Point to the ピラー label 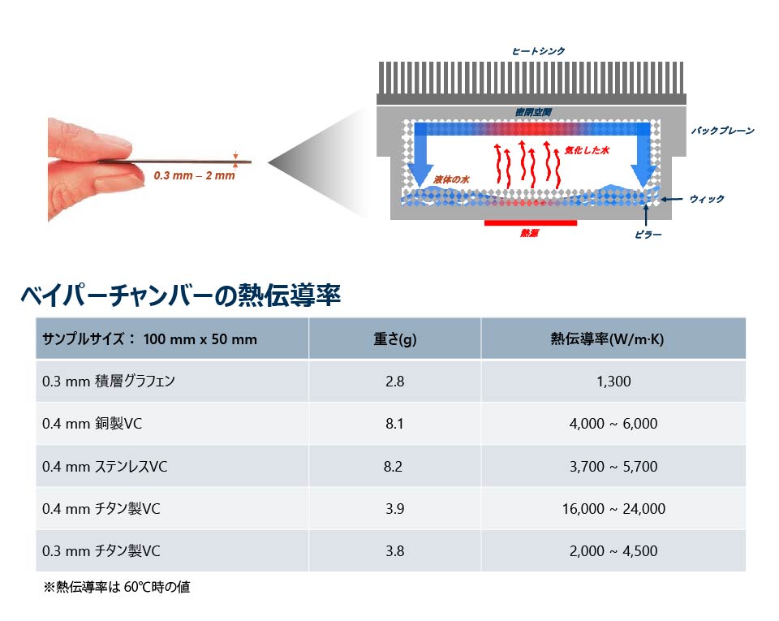pos(648,235)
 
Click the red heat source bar pos(530,222)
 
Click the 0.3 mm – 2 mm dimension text pos(194,175)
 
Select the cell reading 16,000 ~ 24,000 pos(613,509)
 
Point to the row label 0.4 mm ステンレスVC pos(105,467)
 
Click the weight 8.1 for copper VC pos(394,424)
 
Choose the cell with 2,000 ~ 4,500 pos(613,551)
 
